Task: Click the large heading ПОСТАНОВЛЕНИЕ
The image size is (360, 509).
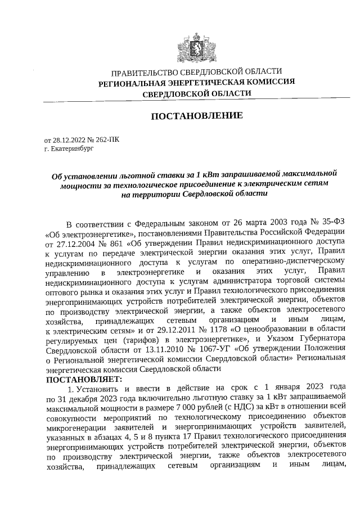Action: coord(197,116)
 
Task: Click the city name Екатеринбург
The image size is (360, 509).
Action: coord(70,149)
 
